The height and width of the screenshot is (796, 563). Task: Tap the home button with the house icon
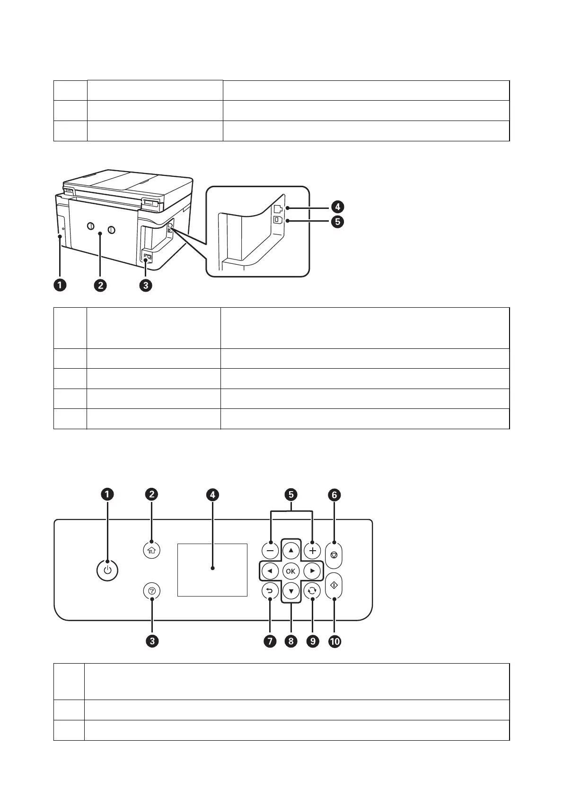(152, 550)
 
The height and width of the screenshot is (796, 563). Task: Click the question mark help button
(152, 591)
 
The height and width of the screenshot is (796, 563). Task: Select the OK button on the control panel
(290, 571)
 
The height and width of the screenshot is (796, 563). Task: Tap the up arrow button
(291, 550)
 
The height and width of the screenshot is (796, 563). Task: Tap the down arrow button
(291, 591)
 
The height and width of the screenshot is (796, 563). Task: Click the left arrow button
(270, 571)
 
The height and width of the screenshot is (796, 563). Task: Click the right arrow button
(312, 571)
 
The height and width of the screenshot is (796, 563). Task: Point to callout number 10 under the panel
(334, 641)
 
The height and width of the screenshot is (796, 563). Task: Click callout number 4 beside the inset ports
(337, 207)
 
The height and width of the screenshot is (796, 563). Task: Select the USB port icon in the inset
(278, 220)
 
